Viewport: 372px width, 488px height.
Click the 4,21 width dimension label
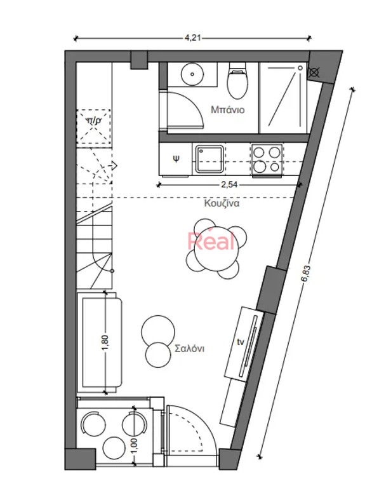193,38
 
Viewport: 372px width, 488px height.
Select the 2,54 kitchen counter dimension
229,184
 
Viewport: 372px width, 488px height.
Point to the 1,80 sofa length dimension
105,342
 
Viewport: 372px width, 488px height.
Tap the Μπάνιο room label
228,110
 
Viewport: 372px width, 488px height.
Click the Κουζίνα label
222,203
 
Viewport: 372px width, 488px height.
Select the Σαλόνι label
189,348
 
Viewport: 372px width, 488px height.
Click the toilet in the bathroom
237,81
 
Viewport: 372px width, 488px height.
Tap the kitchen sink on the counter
209,159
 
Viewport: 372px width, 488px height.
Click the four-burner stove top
267,159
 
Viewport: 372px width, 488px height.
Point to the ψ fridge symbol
176,159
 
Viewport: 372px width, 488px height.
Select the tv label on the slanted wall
241,342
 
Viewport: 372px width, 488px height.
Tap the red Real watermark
211,240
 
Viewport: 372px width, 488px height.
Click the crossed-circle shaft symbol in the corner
314,73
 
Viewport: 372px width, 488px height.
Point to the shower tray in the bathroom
282,98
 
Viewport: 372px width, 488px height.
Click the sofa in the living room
100,342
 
